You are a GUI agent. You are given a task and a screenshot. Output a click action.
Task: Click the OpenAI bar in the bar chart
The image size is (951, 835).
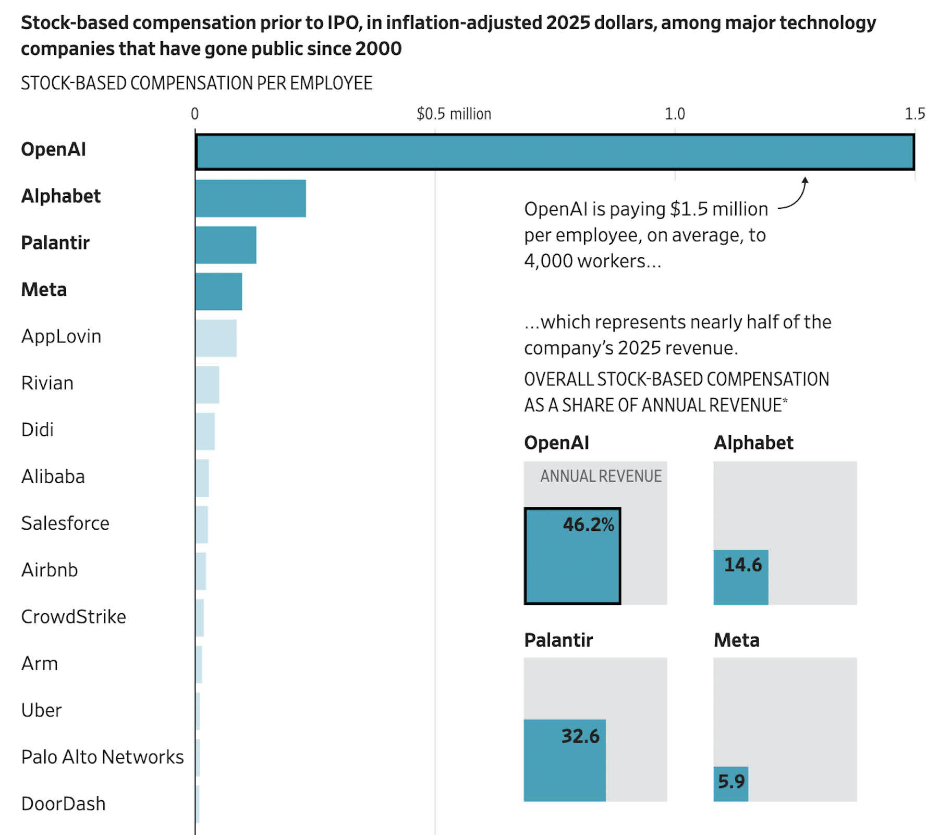tap(555, 152)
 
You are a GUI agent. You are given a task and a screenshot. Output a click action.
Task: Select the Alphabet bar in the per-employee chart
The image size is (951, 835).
tap(250, 198)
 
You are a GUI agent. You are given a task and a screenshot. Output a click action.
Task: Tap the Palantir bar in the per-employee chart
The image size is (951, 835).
tap(226, 245)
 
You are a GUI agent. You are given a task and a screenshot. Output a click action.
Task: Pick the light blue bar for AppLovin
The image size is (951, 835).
tap(216, 338)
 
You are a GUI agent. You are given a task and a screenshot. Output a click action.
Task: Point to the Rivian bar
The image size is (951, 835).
tap(208, 385)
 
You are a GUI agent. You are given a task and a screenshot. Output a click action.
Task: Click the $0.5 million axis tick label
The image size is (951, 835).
tap(454, 114)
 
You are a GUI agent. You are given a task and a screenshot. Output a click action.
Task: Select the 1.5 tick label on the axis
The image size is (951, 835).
tap(915, 114)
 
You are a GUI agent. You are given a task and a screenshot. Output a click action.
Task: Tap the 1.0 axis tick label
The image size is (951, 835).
tap(675, 114)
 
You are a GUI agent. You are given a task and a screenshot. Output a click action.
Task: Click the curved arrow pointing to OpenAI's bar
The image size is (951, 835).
tap(795, 196)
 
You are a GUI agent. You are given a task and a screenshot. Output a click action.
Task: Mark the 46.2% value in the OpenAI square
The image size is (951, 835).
tap(588, 524)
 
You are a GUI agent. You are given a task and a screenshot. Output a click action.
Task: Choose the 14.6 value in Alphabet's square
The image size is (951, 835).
tap(742, 565)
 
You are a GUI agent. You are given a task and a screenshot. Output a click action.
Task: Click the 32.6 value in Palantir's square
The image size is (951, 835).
tap(580, 736)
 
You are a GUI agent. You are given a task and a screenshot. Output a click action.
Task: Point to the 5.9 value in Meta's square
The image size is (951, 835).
tap(731, 781)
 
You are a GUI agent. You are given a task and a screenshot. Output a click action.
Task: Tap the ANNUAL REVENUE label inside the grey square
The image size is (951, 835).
tap(601, 476)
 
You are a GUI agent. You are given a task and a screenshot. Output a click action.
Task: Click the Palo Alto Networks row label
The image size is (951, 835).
tap(102, 757)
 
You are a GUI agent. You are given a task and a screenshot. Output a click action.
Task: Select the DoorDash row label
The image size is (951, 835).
tap(63, 804)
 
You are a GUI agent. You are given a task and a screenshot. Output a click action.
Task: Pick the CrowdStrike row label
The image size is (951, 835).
tap(74, 617)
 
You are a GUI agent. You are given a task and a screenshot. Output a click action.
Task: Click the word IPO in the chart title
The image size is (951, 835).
tap(344, 23)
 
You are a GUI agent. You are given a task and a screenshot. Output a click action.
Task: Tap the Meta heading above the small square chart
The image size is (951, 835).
tap(736, 640)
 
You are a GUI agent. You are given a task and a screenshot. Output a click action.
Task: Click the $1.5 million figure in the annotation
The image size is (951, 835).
tap(719, 209)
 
